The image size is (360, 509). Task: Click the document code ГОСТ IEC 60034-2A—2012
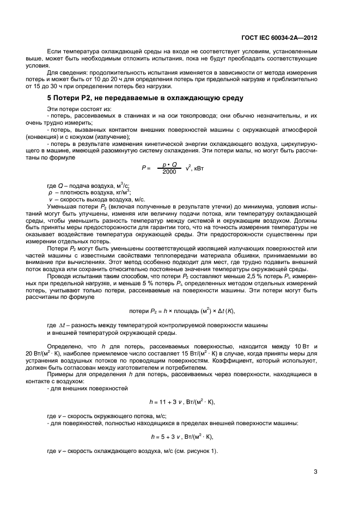tap(279, 39)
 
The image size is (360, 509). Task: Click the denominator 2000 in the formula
tap(170, 172)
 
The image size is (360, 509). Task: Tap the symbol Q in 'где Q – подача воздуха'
tap(60, 186)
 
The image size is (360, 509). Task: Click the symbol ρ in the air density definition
tap(50, 193)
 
